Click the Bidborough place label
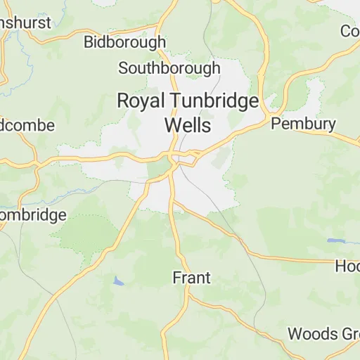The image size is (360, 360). click(124, 42)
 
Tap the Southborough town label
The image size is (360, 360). click(169, 68)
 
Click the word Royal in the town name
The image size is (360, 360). click(139, 101)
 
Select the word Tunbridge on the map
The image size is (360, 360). click(212, 101)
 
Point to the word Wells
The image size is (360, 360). click(186, 125)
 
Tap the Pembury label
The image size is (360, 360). click(303, 124)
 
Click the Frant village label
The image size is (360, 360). click(191, 278)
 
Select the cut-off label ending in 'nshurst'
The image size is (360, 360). click(25, 22)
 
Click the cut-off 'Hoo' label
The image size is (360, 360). click(347, 266)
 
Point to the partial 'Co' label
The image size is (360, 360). click(349, 31)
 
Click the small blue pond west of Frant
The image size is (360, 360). click(118, 281)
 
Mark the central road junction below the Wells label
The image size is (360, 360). click(173, 155)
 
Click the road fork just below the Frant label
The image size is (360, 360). click(187, 296)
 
